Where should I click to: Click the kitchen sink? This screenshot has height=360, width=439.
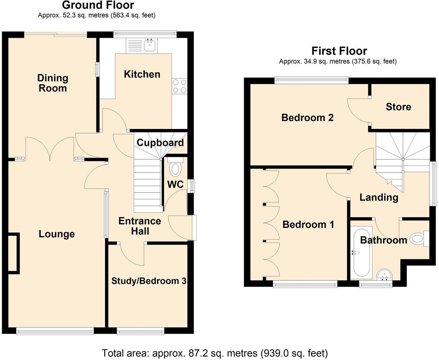150,45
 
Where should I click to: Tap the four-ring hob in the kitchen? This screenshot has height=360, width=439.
180,86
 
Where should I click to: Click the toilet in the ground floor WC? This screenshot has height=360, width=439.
176,169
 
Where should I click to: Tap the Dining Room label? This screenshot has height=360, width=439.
52,83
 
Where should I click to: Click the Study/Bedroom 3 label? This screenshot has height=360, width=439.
149,281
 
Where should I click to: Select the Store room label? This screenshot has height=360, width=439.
398,107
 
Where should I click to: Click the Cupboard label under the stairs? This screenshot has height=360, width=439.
160,142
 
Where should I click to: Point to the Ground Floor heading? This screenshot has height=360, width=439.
98,5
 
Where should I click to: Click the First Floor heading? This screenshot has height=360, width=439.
339,51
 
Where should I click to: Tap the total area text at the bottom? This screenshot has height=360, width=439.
215,353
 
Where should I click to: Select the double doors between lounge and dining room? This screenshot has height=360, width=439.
50,148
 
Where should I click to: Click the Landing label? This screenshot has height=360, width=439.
379,197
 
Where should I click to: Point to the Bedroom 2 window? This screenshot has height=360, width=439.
311,80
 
